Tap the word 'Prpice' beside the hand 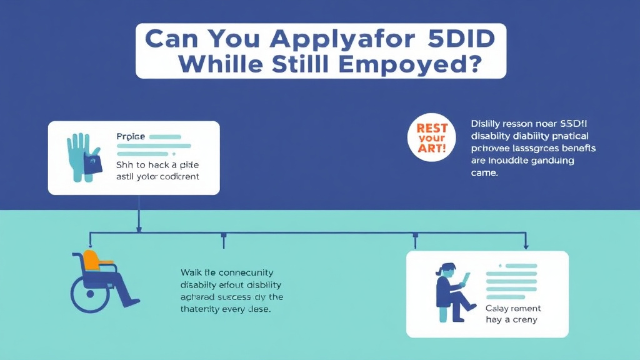(x=129, y=136)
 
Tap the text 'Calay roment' (x=513, y=308)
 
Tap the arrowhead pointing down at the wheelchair (x=91, y=244)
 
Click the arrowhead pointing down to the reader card (x=525, y=244)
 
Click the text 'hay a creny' (x=512, y=320)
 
